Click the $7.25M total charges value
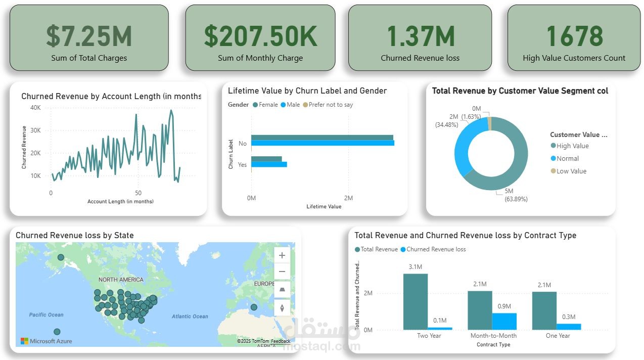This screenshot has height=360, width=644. point(89,36)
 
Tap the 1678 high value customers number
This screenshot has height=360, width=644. point(574,36)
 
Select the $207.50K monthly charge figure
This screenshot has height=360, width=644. point(260,36)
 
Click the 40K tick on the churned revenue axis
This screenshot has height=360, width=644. point(35,108)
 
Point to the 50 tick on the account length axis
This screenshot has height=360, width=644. point(138,193)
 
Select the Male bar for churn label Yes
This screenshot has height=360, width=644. point(269,164)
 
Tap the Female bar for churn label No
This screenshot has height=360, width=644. point(322,138)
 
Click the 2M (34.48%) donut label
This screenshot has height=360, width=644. point(446,120)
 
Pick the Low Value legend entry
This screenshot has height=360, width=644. point(571,171)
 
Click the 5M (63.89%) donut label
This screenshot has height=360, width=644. point(516,195)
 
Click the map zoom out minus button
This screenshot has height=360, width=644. point(282,272)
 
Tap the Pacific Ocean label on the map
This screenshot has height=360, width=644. point(46,314)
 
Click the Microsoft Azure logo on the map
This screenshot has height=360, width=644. point(46,341)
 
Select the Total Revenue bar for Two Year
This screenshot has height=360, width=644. point(416,301)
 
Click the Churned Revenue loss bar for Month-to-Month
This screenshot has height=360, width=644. point(504,321)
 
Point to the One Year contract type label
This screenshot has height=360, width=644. point(558,336)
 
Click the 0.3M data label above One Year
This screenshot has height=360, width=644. point(569,317)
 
